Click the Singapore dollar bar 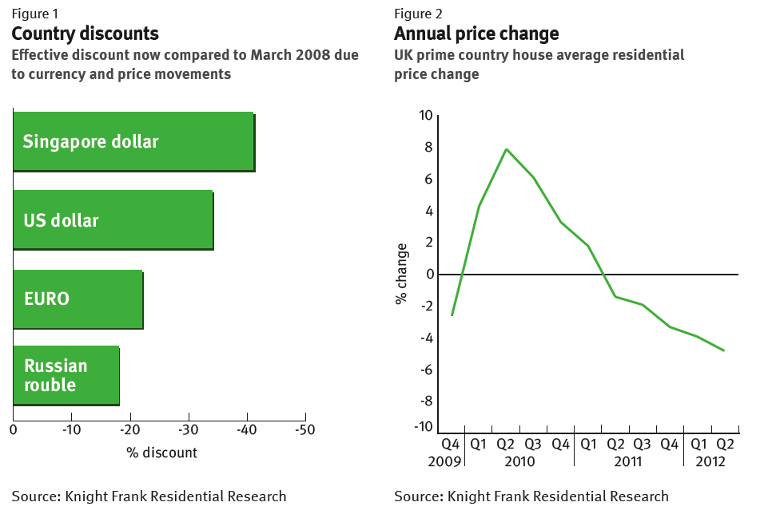133,141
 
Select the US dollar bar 113,219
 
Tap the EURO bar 78,299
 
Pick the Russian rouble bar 66,375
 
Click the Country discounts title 85,34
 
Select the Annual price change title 476,34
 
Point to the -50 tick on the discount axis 305,430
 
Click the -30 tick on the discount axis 189,430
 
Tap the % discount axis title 161,453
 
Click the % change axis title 401,274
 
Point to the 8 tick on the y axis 428,148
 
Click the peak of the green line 506,149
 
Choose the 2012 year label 710,461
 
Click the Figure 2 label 418,14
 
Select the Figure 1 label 35,14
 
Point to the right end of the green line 724,350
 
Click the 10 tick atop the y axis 425,116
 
